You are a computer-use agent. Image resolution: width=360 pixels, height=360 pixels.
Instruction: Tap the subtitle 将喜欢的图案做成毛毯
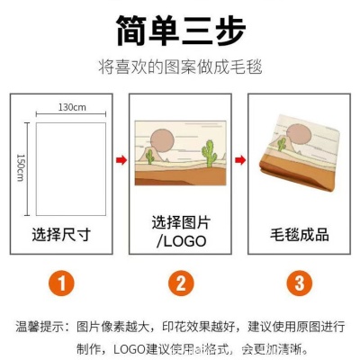point(180,66)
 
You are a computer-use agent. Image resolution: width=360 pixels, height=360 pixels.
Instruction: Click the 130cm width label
point(73,108)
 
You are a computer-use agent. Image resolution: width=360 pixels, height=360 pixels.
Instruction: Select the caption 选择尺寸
point(61,235)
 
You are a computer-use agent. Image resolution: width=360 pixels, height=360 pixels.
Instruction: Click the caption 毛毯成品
point(300,235)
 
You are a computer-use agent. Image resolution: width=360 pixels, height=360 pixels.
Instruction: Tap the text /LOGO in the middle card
point(181,242)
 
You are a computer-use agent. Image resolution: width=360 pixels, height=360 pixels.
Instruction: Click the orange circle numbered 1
point(60,285)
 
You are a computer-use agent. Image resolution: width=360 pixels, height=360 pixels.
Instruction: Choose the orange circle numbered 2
point(180,285)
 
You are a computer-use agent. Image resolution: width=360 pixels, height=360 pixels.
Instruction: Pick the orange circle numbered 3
point(300,285)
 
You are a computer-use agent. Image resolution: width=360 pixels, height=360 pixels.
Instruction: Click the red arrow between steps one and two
point(120,161)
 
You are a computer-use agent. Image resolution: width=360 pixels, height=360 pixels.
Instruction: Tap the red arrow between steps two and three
point(239,161)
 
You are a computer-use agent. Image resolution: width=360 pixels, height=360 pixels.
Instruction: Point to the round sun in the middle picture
point(163,141)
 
